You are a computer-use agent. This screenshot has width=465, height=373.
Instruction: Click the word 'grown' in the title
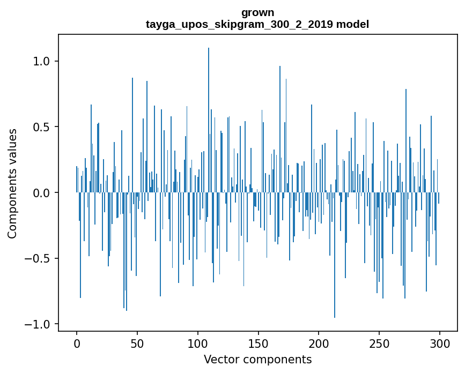257,13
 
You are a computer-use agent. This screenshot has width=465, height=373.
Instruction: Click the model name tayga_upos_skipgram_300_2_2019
239,24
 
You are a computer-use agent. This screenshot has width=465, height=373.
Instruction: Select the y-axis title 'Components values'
12,184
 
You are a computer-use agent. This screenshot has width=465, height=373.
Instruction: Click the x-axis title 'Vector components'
257,360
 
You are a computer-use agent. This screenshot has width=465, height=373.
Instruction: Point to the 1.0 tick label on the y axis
41,61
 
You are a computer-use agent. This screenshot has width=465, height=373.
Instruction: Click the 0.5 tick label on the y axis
41,127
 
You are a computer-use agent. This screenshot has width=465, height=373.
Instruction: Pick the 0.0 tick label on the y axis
41,193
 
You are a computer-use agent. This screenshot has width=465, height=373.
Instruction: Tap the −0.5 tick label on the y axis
38,259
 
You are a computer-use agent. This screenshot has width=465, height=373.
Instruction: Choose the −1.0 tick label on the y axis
38,324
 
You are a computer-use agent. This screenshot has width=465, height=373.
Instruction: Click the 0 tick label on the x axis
77,344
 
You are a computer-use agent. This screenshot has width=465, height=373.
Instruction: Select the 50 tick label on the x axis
137,344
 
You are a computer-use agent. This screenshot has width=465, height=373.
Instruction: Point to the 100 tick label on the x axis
197,344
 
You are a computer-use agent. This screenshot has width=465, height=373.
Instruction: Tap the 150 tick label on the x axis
258,344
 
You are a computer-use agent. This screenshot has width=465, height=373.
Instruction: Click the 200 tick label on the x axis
319,344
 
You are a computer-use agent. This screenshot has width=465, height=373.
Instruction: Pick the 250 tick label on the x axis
379,344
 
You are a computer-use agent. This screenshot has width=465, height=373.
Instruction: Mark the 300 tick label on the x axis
439,344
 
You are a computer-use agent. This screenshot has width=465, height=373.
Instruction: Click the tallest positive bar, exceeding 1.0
209,120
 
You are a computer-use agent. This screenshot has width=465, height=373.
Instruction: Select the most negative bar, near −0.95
335,255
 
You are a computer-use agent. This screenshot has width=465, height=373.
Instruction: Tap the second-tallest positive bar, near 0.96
280,129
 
